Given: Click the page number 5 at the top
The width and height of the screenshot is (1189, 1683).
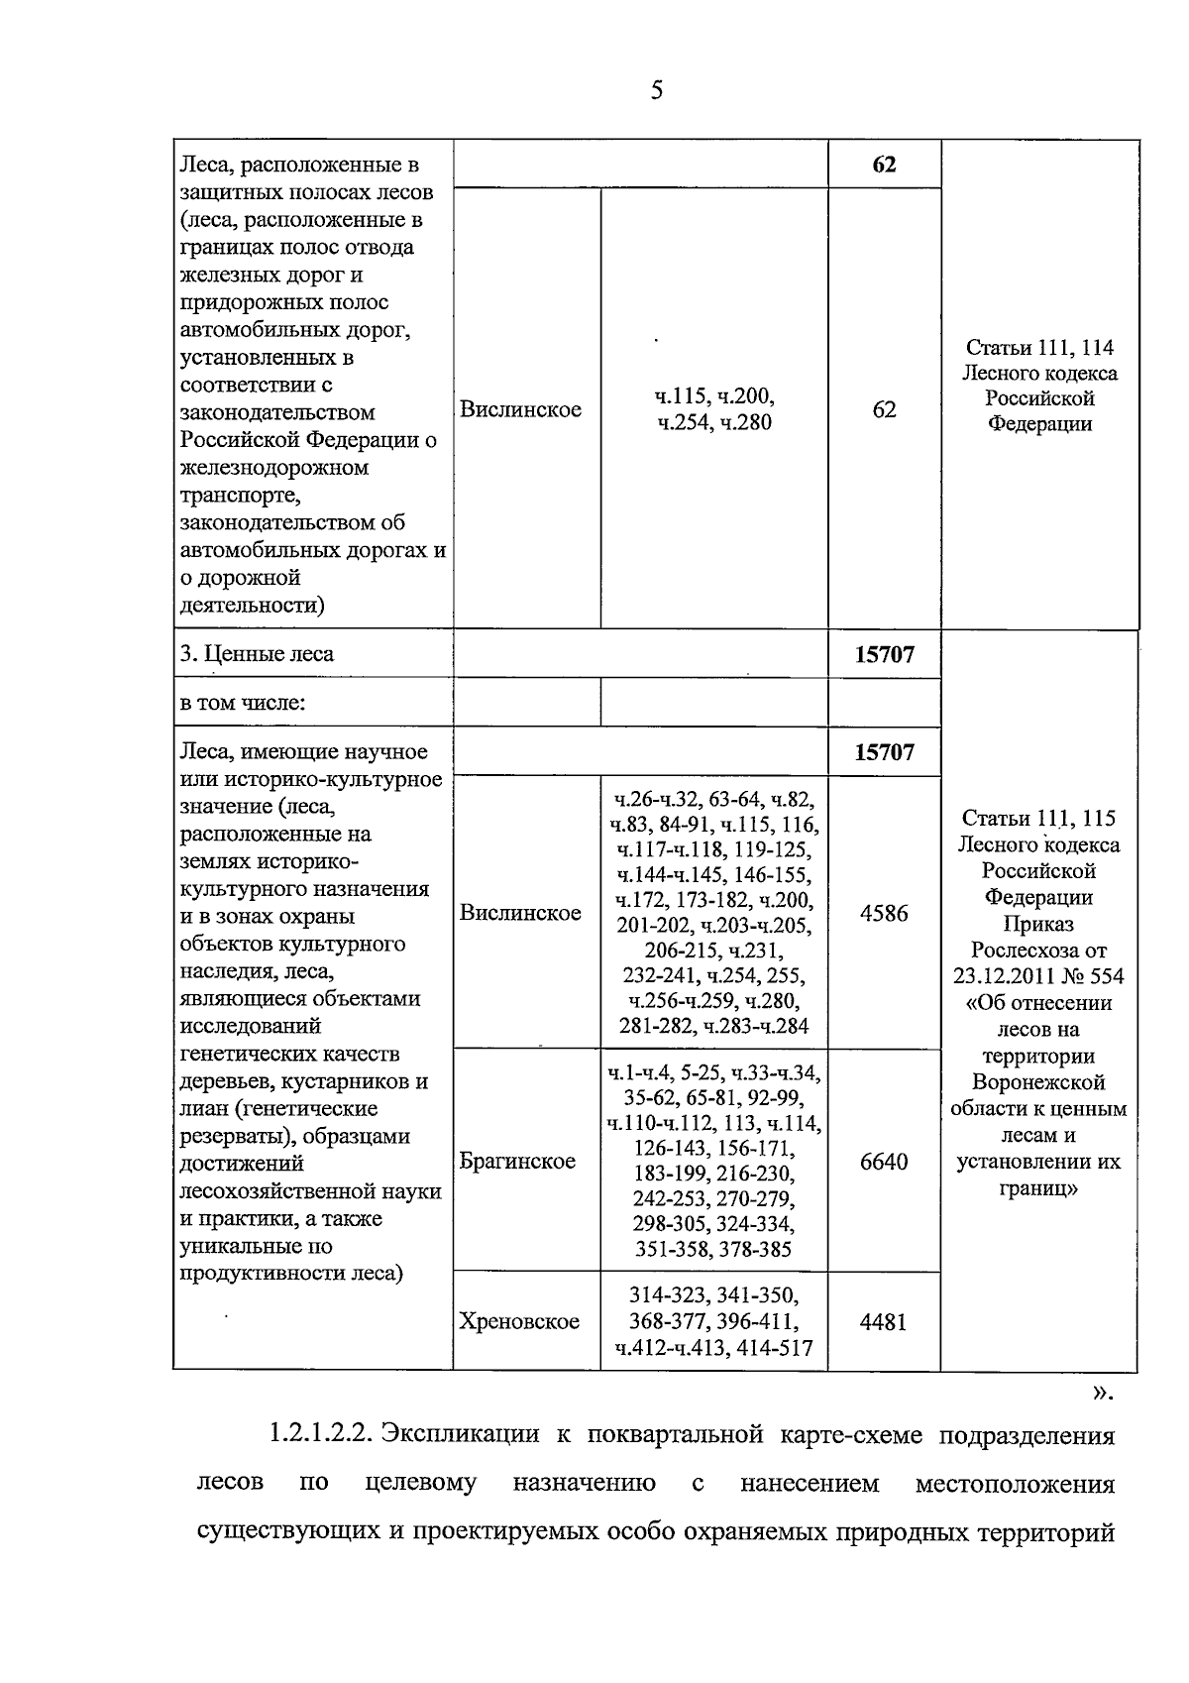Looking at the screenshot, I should (x=656, y=92).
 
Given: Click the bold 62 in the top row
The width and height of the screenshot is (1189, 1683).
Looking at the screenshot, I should (x=884, y=165).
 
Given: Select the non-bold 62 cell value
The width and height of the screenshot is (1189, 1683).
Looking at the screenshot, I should (x=884, y=409).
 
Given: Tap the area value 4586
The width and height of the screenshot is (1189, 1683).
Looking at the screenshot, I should (x=884, y=913).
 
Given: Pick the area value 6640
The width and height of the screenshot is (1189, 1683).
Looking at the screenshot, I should (x=884, y=1162).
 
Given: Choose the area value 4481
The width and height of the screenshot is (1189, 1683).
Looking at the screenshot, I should (x=884, y=1321).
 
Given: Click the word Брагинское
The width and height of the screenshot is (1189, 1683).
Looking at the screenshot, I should (x=517, y=1162).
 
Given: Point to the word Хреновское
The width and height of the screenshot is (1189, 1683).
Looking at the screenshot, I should (x=519, y=1321).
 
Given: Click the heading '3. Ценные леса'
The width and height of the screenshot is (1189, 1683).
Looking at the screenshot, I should (x=258, y=654).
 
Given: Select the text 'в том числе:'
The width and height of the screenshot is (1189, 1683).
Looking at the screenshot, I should (x=243, y=704).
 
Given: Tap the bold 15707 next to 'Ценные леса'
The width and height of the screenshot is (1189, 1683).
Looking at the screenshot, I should (x=884, y=654).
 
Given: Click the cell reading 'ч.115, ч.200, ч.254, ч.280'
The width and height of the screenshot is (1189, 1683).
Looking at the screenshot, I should (x=713, y=409).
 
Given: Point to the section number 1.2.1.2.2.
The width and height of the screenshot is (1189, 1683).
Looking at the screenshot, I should (x=318, y=1434).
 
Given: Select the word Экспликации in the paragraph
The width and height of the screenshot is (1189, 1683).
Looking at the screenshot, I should (x=461, y=1434).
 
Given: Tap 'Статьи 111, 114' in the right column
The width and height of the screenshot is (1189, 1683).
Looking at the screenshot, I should (x=1039, y=348).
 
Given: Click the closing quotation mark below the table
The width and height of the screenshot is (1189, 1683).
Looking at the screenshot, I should (x=1101, y=1393).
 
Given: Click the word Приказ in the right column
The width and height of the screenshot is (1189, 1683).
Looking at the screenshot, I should (x=1038, y=924).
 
